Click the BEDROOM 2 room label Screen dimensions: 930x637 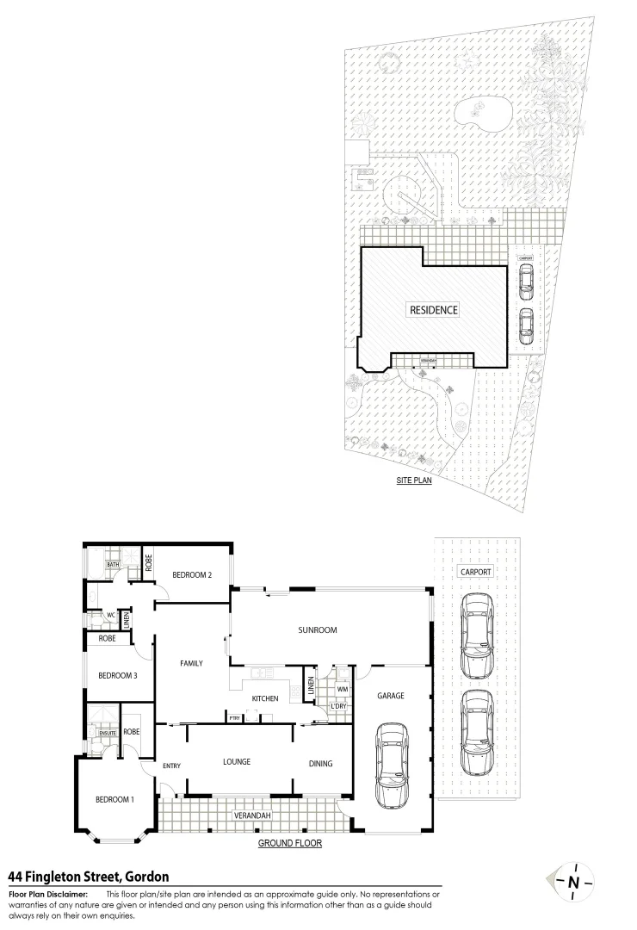191,575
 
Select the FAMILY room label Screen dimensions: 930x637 191,663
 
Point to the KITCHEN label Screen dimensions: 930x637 264,697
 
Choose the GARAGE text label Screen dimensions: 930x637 390,696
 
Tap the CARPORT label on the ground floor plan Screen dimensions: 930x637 475,572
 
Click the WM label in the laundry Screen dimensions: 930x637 342,689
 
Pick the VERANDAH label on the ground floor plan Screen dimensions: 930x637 253,815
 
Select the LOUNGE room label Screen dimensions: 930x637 236,762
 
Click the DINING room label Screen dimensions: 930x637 320,763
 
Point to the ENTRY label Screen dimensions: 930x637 171,766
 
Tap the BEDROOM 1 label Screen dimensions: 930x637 114,800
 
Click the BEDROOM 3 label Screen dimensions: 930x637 117,676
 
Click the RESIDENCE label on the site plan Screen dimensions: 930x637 433,310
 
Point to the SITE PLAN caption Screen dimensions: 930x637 414,481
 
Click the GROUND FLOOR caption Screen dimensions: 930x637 290,844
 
